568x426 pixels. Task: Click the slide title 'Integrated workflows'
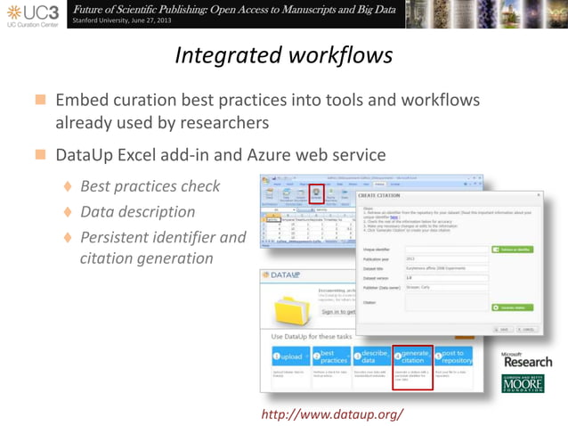(x=283, y=55)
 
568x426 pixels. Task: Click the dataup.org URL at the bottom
(x=332, y=414)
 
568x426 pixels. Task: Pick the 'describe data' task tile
(x=371, y=358)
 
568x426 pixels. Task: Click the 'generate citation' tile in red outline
(x=412, y=358)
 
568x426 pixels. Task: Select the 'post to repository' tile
(x=454, y=358)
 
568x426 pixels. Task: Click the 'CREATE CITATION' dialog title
(x=379, y=195)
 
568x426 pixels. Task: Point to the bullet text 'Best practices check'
(x=150, y=187)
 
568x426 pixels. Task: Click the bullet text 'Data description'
(x=137, y=212)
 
